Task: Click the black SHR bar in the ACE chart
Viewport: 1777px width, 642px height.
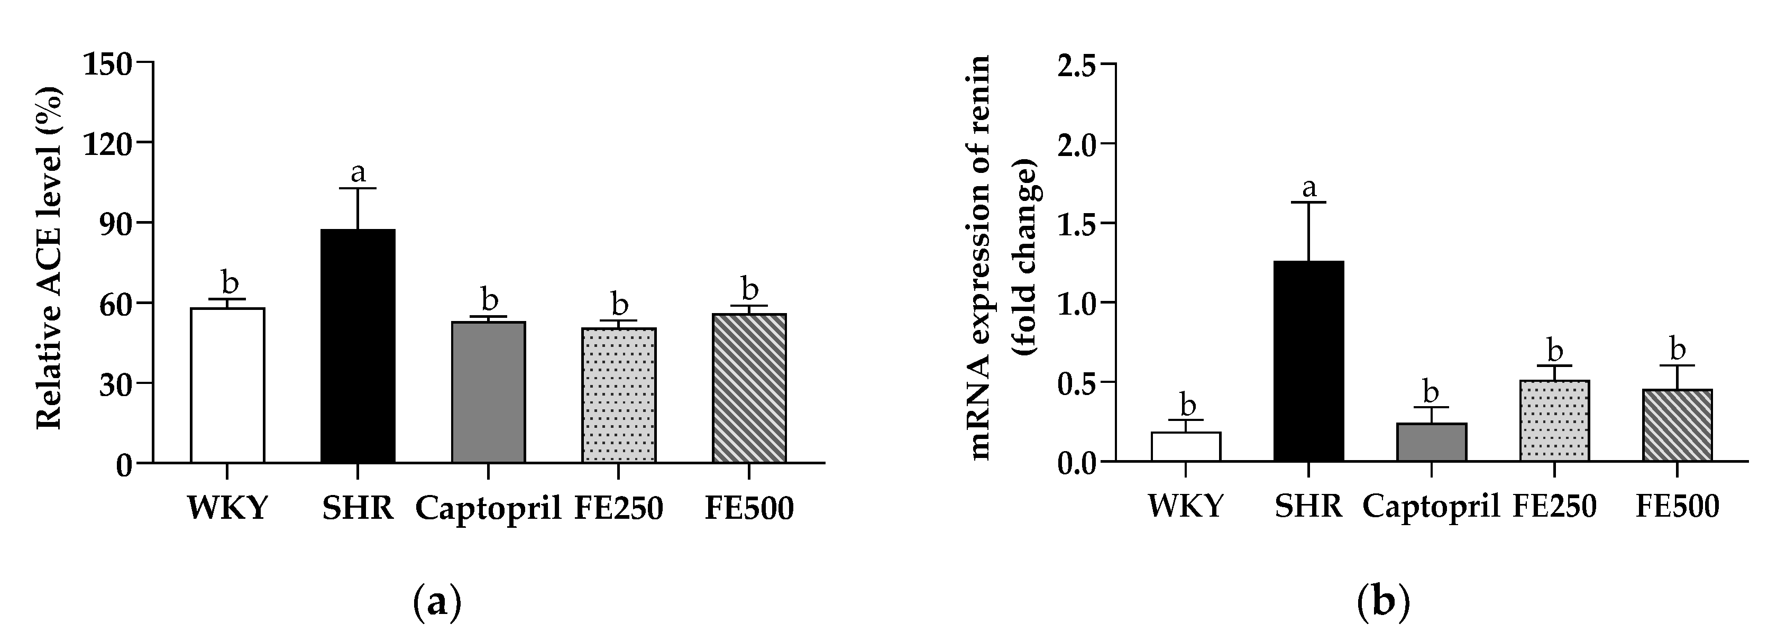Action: (358, 345)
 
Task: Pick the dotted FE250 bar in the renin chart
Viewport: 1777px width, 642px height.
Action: (1555, 420)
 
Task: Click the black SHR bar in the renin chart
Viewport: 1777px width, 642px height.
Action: (1308, 361)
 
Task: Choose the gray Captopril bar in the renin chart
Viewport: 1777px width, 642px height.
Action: (1432, 442)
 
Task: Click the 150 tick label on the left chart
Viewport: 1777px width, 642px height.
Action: (107, 63)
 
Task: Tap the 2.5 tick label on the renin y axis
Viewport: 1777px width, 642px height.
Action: (1076, 64)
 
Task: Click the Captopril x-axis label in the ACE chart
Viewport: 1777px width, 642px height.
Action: (488, 509)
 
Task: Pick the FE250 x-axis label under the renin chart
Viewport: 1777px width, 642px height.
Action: (1555, 507)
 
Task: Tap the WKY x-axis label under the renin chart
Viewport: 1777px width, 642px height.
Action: (1186, 507)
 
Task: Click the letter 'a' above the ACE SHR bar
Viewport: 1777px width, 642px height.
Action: (358, 172)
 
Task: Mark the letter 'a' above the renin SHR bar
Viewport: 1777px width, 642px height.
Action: (1308, 187)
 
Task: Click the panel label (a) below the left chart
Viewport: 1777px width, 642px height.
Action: (437, 603)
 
